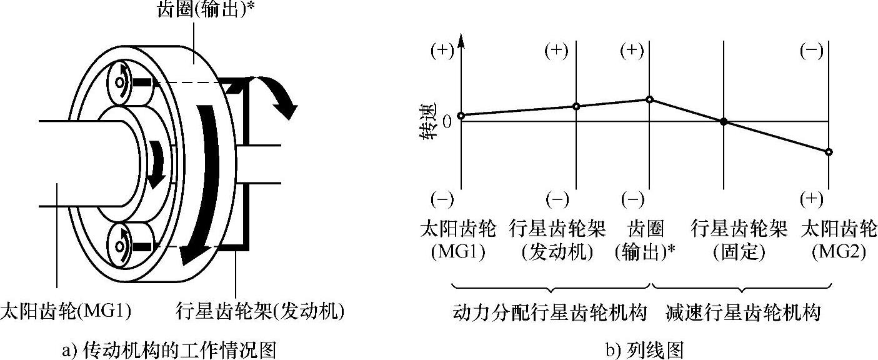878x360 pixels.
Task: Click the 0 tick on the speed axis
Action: click(x=446, y=121)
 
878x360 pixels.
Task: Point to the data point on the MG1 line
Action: click(x=461, y=116)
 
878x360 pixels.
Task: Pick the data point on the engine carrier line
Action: click(x=576, y=106)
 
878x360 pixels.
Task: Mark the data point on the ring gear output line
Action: click(x=650, y=99)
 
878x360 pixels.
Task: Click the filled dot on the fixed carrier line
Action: click(x=724, y=121)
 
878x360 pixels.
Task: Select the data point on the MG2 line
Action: click(x=829, y=152)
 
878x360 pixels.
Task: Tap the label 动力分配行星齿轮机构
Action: click(x=549, y=312)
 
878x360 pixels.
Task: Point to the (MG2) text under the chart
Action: click(x=839, y=253)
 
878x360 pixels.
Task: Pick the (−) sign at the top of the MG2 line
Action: click(x=811, y=51)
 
